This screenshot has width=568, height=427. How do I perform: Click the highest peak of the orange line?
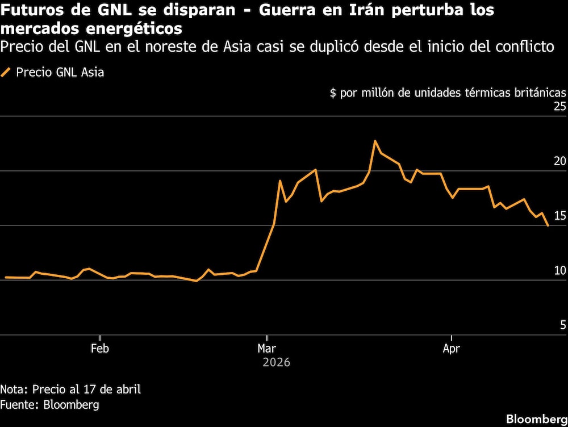375,141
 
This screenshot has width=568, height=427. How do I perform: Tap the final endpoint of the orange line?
548,226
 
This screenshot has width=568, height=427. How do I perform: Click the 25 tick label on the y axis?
559,107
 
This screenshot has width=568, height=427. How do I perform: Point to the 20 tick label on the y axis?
559,161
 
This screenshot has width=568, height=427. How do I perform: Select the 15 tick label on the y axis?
559,216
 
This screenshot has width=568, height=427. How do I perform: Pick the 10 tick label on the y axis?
559,270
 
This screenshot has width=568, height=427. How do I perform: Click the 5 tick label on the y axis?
563,325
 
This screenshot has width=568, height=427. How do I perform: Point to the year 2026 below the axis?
276,362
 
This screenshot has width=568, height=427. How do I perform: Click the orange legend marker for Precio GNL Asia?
7,72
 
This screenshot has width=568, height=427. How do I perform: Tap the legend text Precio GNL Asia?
60,72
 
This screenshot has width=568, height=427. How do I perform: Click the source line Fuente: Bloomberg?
49,405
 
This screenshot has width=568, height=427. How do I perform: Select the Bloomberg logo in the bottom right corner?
537,418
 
